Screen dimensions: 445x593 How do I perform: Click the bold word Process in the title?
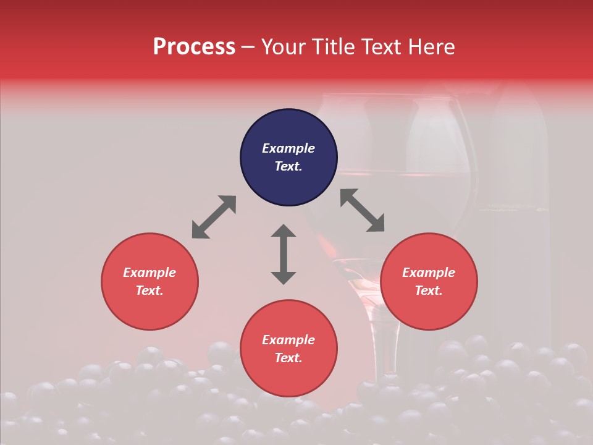[x=194, y=47]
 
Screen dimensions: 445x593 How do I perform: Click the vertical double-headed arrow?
[x=284, y=254]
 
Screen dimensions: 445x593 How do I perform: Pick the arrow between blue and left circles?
[x=214, y=217]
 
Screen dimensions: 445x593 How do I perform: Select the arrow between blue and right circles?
[x=362, y=210]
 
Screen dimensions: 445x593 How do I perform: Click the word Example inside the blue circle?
[x=288, y=148]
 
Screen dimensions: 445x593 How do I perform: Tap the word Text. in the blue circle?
[x=288, y=166]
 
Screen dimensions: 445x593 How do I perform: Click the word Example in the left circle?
[x=149, y=273]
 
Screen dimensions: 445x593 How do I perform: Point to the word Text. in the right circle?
[x=429, y=290]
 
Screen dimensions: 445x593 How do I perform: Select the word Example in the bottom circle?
[x=288, y=340]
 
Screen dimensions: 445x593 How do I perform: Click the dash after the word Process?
[x=248, y=47]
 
